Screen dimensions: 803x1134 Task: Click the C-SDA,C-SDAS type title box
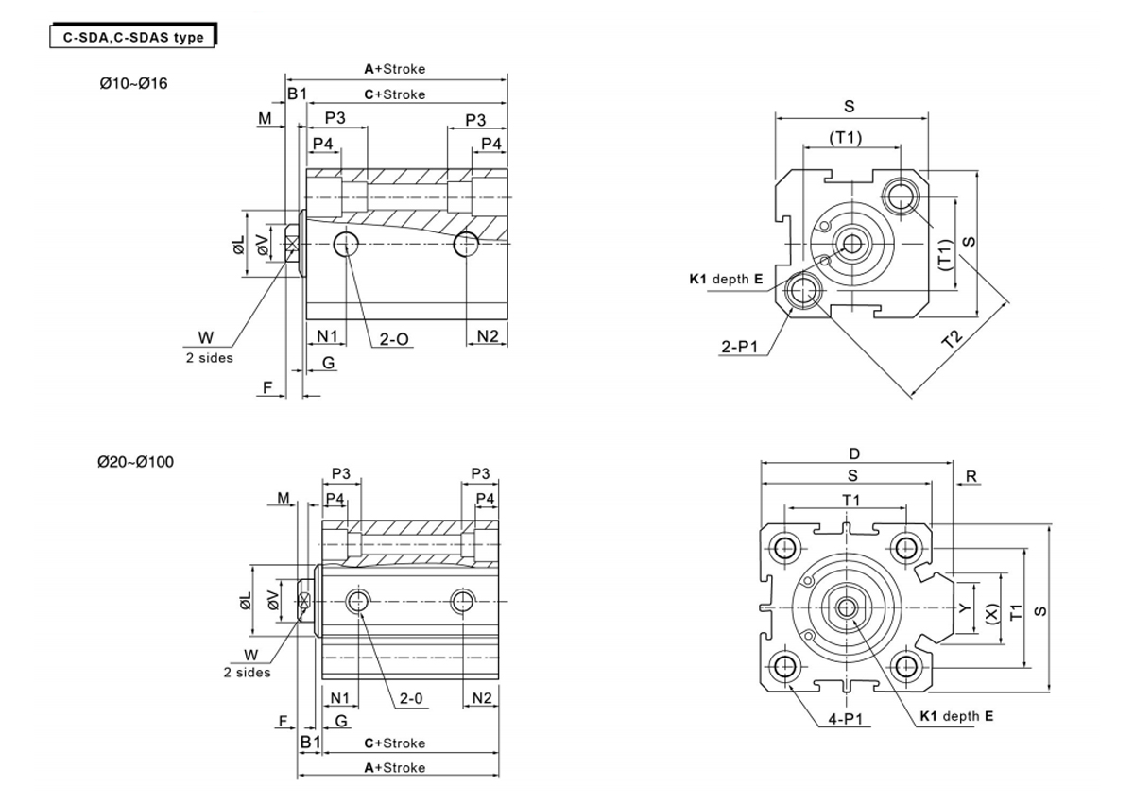click(132, 38)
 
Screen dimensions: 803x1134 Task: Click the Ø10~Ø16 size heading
click(133, 83)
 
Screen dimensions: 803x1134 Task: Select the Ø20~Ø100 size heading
click(136, 462)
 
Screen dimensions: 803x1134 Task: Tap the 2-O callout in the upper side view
click(394, 336)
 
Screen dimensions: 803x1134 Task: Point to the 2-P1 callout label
click(741, 348)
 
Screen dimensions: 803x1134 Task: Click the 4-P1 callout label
click(849, 719)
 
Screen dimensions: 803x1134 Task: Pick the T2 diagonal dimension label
click(954, 339)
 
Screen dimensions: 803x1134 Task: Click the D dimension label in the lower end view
click(854, 453)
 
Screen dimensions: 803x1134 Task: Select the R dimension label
click(971, 476)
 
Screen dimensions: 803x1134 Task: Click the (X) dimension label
click(990, 613)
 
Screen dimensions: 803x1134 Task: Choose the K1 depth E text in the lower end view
click(955, 716)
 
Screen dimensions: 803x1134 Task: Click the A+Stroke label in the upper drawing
click(395, 69)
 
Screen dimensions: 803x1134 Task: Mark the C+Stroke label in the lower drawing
click(394, 743)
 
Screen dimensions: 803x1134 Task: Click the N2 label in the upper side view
click(488, 335)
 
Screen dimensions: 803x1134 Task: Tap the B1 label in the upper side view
click(298, 93)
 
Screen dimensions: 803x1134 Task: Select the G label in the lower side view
click(340, 721)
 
